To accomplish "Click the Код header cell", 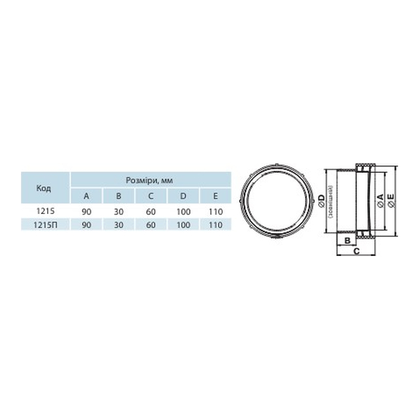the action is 44,189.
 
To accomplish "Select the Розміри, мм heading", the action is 149,181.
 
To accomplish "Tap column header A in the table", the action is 86,196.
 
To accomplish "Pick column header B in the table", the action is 118,196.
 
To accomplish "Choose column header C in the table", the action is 151,196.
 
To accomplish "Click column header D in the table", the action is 183,196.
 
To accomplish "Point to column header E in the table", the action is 215,196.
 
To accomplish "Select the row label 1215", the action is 45,211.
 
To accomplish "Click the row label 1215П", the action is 45,225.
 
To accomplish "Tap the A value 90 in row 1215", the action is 86,212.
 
